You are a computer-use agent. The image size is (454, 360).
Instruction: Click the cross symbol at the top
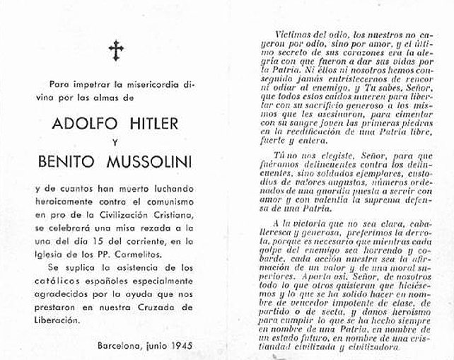[116, 50]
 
